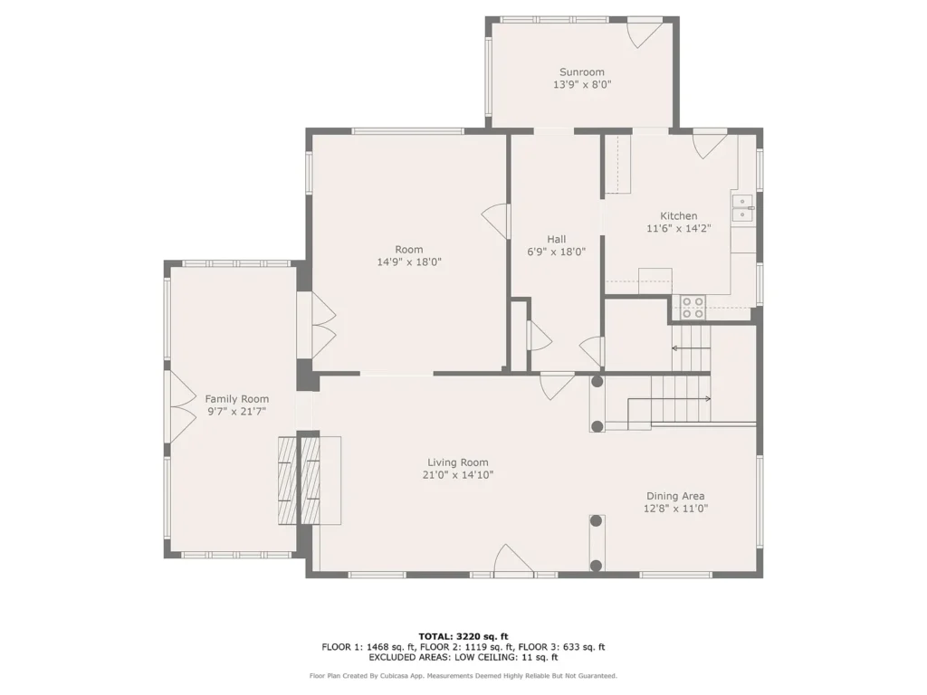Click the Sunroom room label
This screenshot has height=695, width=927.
pos(582,72)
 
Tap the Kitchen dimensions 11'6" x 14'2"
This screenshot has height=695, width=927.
pos(678,228)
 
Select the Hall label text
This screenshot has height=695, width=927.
pos(556,239)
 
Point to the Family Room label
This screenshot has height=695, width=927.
pos(236,399)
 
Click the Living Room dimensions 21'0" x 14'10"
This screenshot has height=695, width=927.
pos(457,474)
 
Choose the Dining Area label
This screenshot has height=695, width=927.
pos(675,497)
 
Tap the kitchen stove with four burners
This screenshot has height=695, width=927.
pos(693,308)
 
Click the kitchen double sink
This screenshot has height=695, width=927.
pos(742,208)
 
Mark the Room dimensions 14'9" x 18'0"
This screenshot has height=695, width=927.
pos(409,262)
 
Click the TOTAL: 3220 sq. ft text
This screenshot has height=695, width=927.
pos(463,636)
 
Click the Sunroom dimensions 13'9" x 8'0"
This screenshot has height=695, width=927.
pos(582,84)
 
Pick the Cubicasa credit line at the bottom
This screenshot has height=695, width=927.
pos(463,675)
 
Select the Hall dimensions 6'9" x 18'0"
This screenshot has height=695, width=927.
pos(556,252)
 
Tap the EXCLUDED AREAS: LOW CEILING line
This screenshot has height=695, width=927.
pos(463,657)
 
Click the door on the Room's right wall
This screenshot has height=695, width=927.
pos(495,222)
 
